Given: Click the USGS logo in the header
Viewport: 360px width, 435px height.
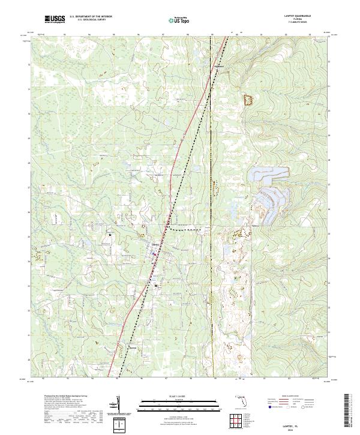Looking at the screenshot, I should pyautogui.click(x=55, y=19).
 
